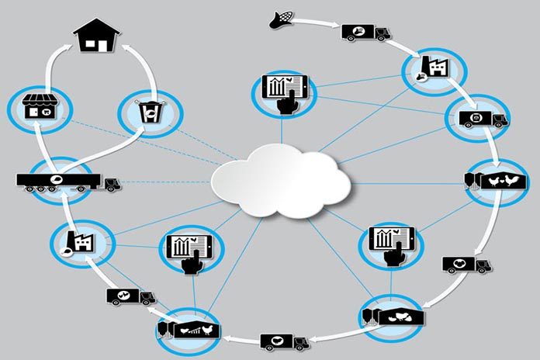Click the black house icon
click(96, 36)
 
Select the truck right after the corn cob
click(365, 32)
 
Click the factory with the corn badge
click(431, 68)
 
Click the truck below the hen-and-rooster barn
click(466, 265)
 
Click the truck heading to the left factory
click(129, 296)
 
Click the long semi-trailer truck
click(67, 181)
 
